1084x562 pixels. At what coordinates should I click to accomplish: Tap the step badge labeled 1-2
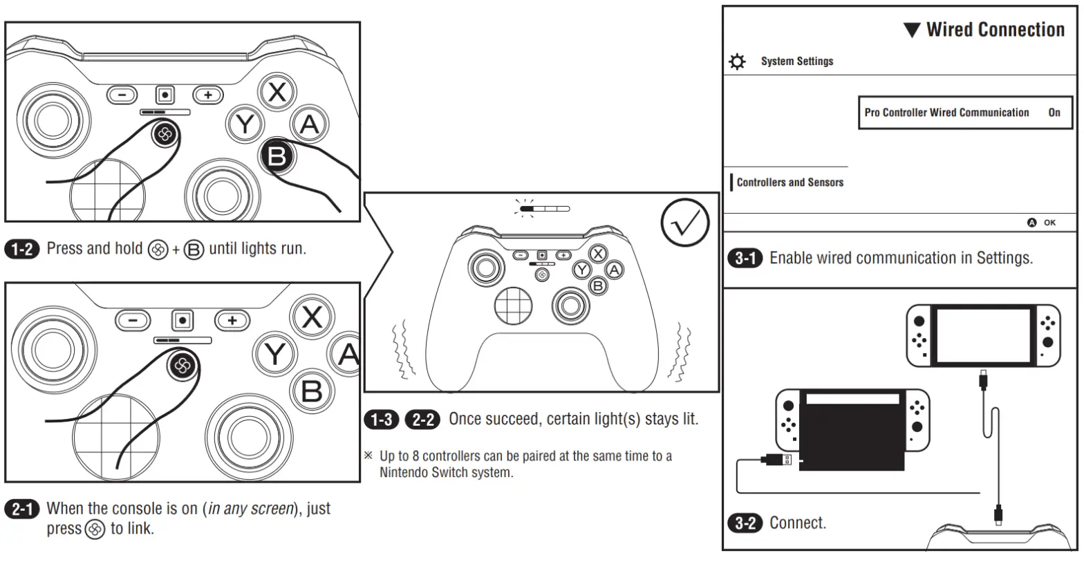click(x=22, y=249)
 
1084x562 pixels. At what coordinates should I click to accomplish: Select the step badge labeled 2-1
click(x=22, y=509)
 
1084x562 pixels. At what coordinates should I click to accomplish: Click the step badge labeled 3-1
click(x=744, y=259)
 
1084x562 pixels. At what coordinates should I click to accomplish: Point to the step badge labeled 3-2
click(x=744, y=523)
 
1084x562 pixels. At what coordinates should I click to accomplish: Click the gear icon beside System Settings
click(x=738, y=62)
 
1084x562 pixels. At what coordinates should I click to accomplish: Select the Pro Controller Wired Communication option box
click(x=964, y=113)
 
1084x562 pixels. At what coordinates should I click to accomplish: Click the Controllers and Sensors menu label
click(x=789, y=182)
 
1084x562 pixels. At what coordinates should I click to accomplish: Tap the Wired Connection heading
click(x=984, y=30)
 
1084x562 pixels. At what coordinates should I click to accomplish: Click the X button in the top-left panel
click(x=277, y=92)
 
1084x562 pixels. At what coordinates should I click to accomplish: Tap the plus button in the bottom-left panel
click(x=232, y=320)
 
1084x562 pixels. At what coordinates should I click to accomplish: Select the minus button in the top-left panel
click(x=122, y=95)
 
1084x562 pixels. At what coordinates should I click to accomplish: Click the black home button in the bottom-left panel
click(x=183, y=366)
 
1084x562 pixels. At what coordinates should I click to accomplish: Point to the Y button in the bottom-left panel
click(x=275, y=354)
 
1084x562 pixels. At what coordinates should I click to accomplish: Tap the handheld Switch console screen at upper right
click(x=983, y=336)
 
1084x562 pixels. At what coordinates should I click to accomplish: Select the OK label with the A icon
click(x=1042, y=223)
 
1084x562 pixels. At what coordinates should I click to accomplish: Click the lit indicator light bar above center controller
click(x=545, y=207)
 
